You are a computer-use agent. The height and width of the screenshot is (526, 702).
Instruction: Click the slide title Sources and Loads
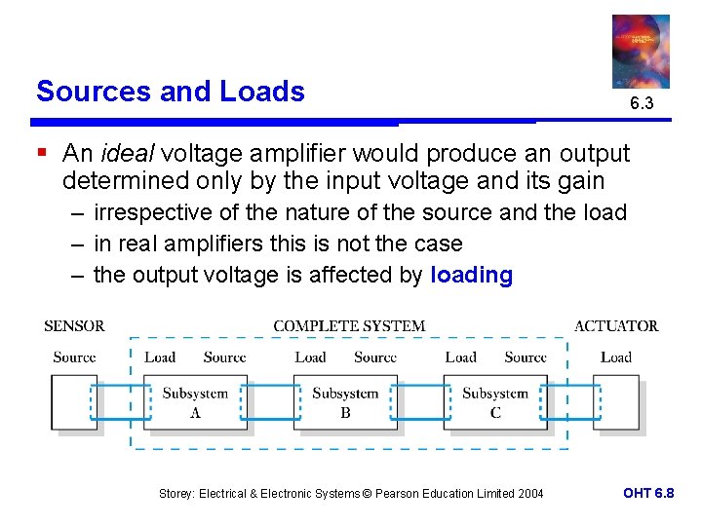(x=171, y=92)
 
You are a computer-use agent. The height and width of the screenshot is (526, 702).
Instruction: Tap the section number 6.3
(x=641, y=103)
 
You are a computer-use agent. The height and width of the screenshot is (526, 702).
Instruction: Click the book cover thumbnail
(x=641, y=51)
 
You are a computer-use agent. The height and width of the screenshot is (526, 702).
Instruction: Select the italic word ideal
(x=130, y=154)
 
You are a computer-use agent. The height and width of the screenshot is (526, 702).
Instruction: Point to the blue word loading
(x=471, y=276)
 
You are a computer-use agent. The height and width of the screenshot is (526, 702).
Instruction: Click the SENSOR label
(x=74, y=326)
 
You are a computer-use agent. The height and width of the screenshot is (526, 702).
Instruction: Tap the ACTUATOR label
(x=616, y=326)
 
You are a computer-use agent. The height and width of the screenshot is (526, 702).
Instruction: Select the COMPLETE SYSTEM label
(x=349, y=326)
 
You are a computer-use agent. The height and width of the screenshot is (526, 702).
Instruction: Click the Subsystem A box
(x=194, y=403)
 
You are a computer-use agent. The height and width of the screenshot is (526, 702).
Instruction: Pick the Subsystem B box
(x=344, y=403)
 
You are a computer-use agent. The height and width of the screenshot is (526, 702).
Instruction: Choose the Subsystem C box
(x=494, y=403)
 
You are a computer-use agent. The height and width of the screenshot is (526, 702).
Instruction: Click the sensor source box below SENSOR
(x=74, y=403)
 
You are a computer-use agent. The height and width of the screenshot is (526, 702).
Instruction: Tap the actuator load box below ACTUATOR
(x=616, y=403)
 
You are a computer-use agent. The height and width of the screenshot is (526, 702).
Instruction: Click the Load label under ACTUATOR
(x=616, y=357)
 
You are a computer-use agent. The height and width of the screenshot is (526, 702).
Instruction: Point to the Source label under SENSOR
(x=74, y=357)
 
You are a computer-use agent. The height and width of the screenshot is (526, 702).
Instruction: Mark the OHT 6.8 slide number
(x=648, y=493)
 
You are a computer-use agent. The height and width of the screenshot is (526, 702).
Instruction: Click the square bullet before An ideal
(x=42, y=153)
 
